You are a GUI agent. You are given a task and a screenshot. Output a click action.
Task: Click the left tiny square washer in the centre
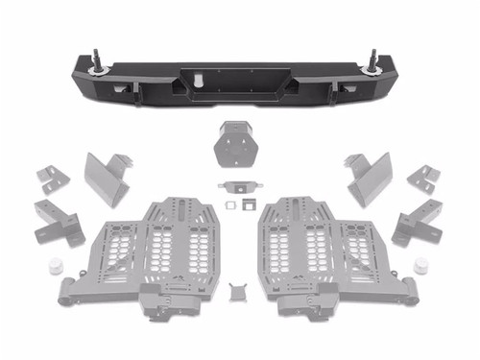(229, 204)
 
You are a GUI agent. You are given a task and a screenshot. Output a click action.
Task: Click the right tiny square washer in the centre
(250, 204)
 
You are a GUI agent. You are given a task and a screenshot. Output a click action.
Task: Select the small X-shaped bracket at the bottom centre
(239, 289)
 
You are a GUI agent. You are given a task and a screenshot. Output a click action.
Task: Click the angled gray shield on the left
(106, 179)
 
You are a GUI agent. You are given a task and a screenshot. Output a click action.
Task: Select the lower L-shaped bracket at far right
(417, 220)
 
